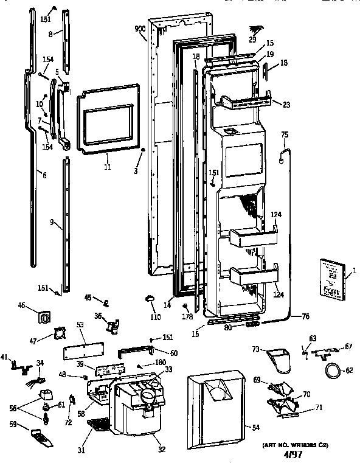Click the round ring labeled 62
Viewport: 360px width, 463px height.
[332, 369]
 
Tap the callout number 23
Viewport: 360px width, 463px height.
[286, 105]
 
